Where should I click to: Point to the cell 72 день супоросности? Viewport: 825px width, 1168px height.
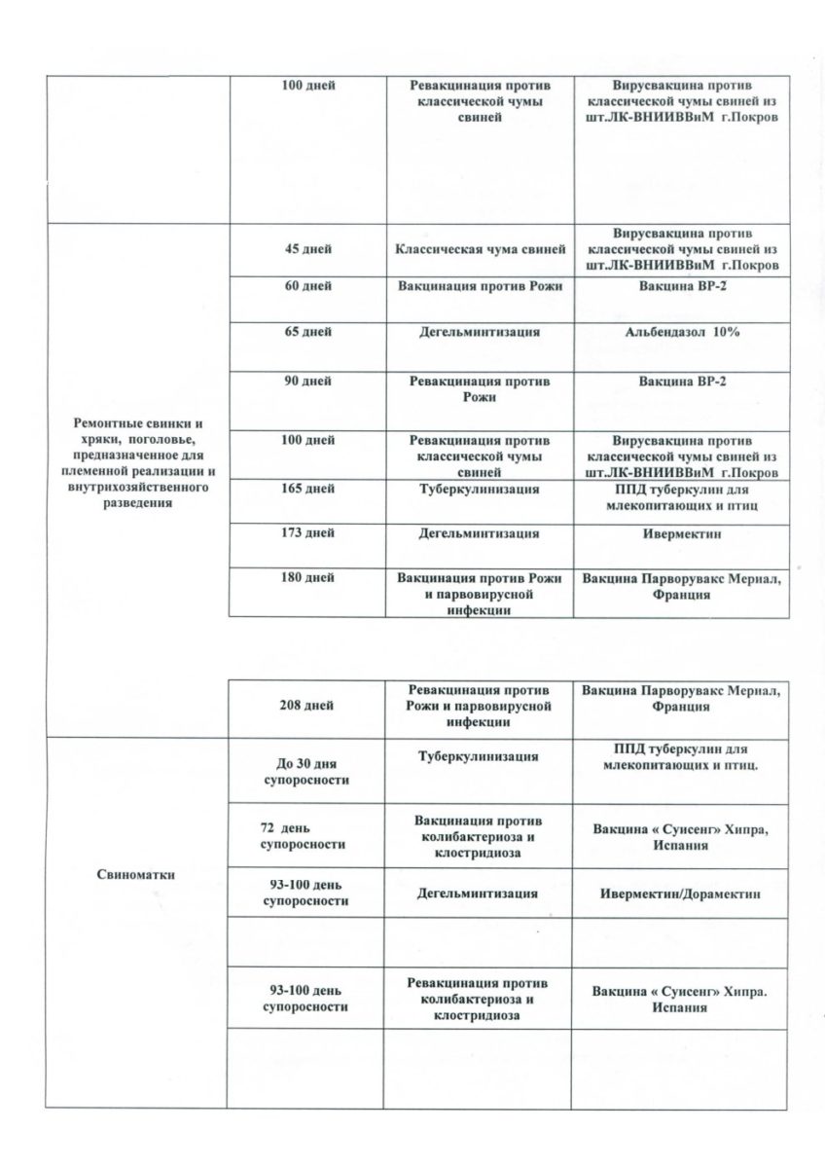pyautogui.click(x=306, y=836)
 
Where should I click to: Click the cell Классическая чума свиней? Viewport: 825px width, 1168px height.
pyautogui.click(x=481, y=250)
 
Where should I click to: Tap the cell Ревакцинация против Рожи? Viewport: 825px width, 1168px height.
pyautogui.click(x=481, y=389)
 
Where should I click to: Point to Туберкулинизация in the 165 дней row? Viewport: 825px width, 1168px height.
pyautogui.click(x=481, y=489)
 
